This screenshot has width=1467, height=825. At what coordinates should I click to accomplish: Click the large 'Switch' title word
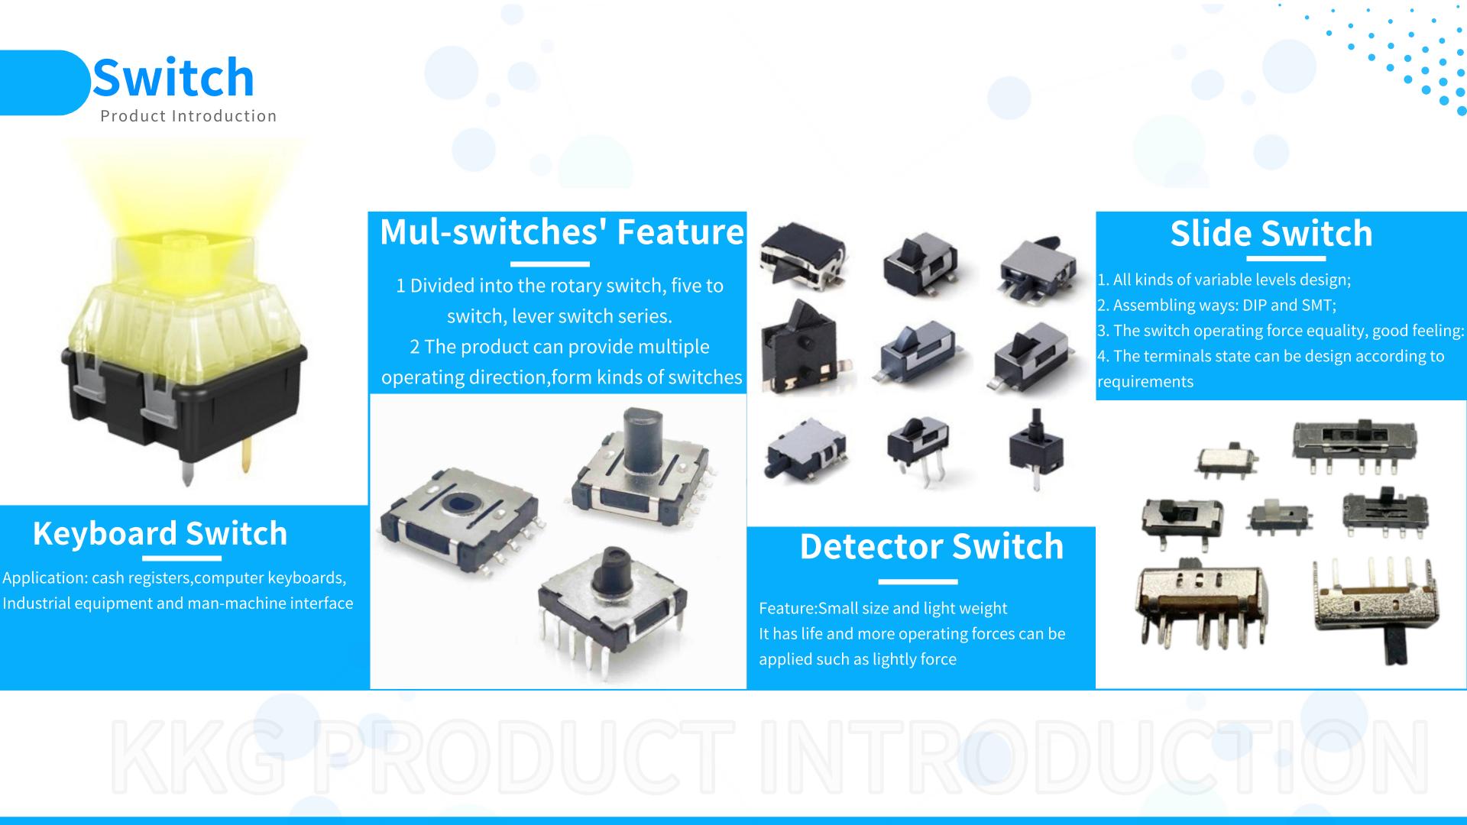173,77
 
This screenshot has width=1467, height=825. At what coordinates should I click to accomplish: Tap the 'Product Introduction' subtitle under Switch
189,116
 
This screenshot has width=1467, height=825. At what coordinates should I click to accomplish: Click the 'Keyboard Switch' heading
160,533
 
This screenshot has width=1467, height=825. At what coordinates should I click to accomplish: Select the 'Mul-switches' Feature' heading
562,232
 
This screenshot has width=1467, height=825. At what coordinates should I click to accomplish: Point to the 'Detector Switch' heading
931,546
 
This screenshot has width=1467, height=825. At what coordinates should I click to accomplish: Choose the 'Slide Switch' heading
1271,233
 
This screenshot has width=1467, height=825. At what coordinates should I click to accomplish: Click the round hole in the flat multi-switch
460,504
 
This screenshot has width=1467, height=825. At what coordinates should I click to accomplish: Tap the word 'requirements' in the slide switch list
1145,382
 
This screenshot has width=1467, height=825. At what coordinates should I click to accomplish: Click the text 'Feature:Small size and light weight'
882,608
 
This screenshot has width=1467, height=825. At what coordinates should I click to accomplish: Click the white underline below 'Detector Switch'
918,582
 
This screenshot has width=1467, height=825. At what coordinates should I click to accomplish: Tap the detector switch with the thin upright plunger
1037,448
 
